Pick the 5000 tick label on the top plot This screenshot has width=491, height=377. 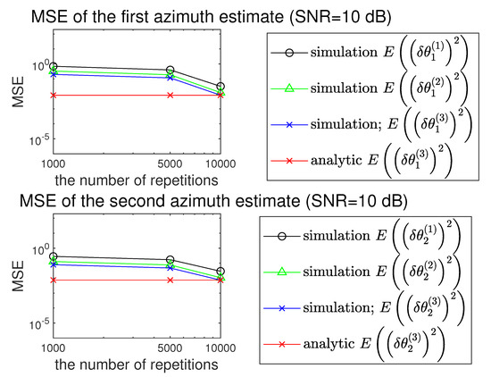point(170,164)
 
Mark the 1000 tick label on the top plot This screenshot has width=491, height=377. point(53,164)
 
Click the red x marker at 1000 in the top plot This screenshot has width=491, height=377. point(54,95)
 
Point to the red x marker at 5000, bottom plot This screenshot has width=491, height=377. point(170,280)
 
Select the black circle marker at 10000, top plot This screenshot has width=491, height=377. point(221,87)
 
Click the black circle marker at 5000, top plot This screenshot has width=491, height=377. point(170,70)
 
